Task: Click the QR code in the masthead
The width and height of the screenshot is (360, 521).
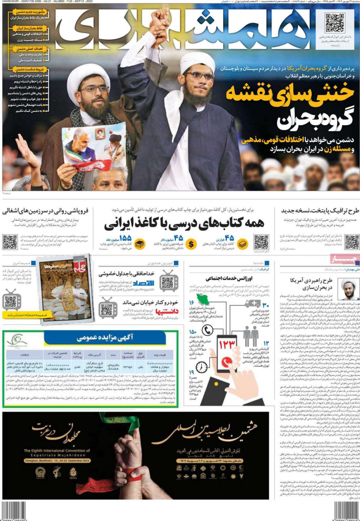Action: coord(335,24)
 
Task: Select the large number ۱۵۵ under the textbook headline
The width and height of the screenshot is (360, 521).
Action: coord(125,238)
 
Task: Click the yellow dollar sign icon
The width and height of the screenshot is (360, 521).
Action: coord(192,244)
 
